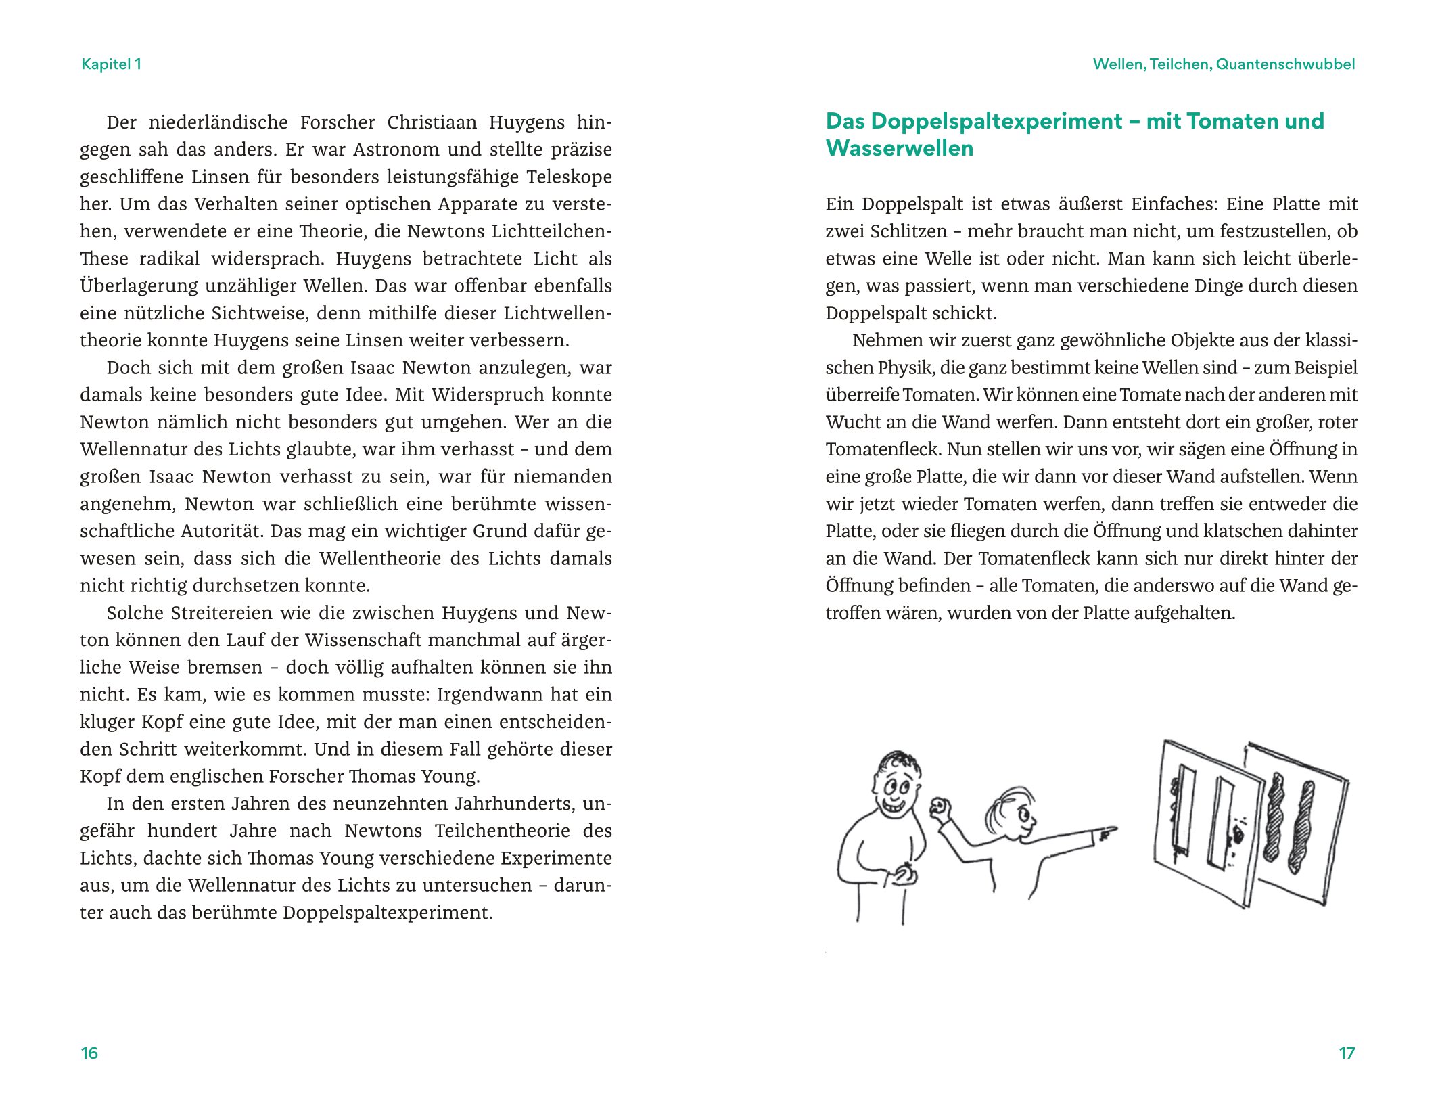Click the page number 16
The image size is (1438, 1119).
[x=89, y=1053]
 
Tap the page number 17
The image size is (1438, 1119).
[x=1346, y=1053]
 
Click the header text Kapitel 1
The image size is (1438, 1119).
[x=111, y=64]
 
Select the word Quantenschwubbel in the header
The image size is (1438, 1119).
[x=1285, y=64]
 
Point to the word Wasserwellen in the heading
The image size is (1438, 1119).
[x=899, y=148]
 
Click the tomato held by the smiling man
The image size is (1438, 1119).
[x=905, y=875]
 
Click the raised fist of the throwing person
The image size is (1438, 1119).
[x=940, y=808]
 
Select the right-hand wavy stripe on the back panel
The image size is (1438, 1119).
[x=1302, y=827]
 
